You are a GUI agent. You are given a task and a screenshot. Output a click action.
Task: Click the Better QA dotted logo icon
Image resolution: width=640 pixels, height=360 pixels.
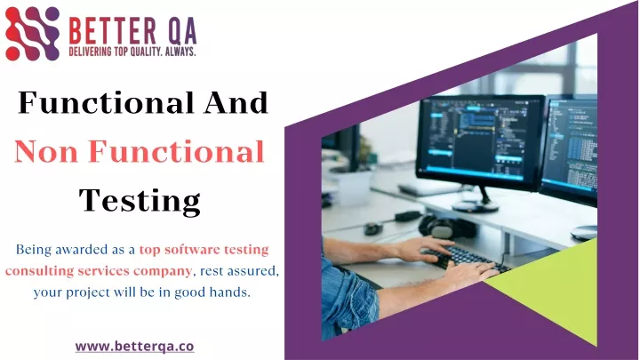32,34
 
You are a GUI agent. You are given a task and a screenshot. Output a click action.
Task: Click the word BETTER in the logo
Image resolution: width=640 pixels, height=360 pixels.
113,31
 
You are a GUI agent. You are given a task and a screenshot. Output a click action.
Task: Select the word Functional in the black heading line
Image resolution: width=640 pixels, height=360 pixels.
106,102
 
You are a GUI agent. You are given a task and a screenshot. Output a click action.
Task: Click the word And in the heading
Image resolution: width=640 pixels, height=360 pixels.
236,102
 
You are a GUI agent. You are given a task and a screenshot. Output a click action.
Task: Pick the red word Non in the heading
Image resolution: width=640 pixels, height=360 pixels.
46,151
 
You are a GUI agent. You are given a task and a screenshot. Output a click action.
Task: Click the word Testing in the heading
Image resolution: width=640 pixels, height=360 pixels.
140,201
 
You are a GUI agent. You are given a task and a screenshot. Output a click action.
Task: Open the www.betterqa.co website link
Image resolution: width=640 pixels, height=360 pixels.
135,347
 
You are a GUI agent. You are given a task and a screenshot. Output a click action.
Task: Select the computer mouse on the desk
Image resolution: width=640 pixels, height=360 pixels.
373,228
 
